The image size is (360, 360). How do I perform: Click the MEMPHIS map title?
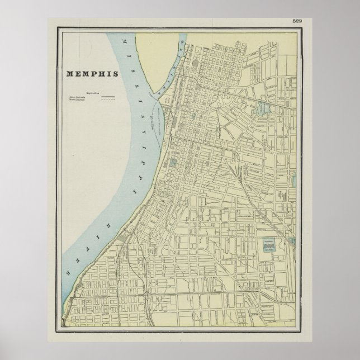pos(92,74)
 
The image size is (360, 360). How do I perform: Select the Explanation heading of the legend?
pos(93,93)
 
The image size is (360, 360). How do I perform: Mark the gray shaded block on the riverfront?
pos(122,240)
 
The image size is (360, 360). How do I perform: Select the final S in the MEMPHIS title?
pos(116,74)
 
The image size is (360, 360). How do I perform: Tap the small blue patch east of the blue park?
pos(292,241)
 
